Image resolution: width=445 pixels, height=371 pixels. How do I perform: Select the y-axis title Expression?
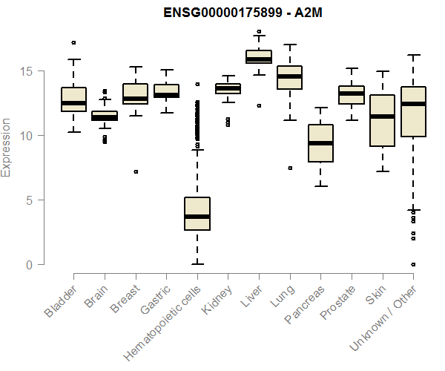(7, 147)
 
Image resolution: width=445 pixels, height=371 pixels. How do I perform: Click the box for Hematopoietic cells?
(197, 214)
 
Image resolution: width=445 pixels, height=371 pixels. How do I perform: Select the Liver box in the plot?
(259, 57)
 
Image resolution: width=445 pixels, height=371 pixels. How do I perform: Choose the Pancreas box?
(320, 142)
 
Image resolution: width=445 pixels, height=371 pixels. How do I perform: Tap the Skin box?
(382, 120)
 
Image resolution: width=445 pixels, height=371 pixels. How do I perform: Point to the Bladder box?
(73, 99)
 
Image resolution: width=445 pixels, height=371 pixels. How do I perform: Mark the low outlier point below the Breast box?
(135, 171)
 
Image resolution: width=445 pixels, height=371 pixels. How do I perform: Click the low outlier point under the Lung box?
(290, 168)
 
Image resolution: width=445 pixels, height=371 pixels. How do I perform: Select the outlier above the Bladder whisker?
(73, 42)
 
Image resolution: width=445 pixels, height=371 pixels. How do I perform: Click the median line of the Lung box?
(290, 76)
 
